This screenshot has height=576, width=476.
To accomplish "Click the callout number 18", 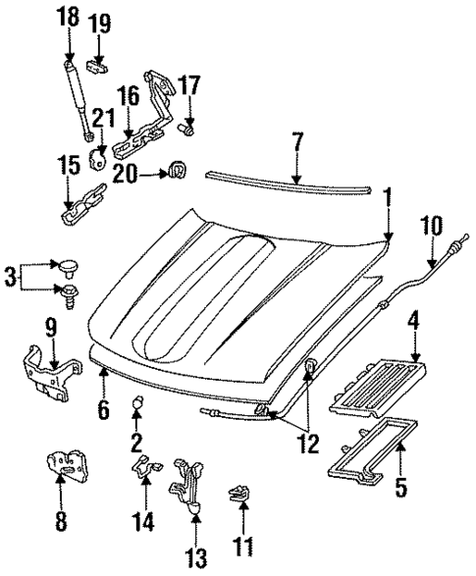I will click(68, 19).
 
